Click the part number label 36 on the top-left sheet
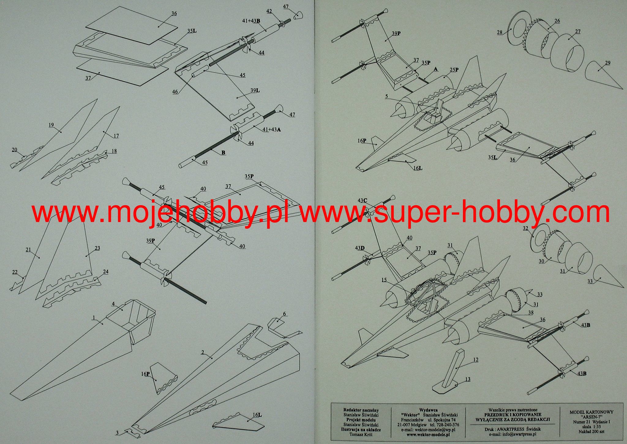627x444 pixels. pos(174,13)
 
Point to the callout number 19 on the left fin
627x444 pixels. pos(51,125)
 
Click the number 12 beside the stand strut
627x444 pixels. pos(475,360)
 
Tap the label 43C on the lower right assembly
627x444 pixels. pos(362,200)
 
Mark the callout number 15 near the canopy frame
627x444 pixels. pos(384,280)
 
